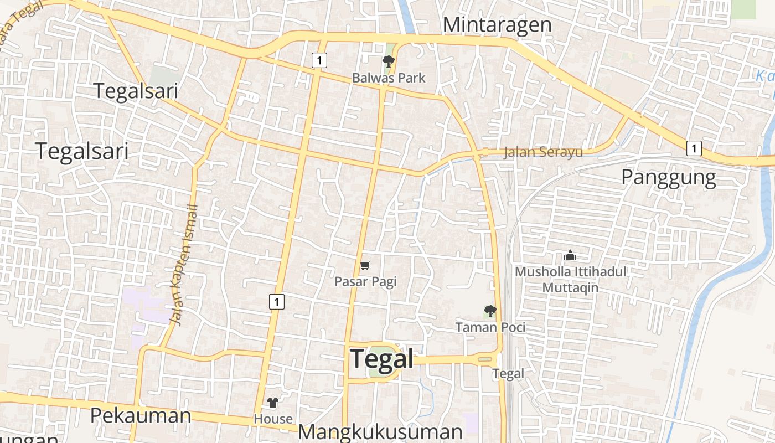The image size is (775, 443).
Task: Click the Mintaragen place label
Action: (x=497, y=25)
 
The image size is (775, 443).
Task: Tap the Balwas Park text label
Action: (x=389, y=78)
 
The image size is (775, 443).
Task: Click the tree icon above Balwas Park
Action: (x=389, y=61)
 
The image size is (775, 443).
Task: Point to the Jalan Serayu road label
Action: (x=543, y=152)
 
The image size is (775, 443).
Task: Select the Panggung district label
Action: (x=668, y=177)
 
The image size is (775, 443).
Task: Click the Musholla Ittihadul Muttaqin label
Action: (x=570, y=280)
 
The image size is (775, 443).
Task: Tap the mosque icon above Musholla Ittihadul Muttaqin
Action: (x=570, y=256)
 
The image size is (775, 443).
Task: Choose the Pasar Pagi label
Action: (x=365, y=282)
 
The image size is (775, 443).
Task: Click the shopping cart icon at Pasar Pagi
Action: (x=365, y=266)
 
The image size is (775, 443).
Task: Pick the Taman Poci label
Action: (x=490, y=327)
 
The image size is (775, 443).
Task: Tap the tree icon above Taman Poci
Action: (x=490, y=311)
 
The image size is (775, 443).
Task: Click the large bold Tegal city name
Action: (x=382, y=359)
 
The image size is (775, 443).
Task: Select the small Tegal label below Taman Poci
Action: (x=508, y=374)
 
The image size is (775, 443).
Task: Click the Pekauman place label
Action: (x=141, y=415)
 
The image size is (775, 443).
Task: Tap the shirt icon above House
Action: (x=273, y=403)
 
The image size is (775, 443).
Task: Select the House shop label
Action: (x=273, y=419)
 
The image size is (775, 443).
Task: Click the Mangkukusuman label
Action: (x=380, y=432)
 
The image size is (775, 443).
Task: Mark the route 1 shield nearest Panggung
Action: (x=694, y=148)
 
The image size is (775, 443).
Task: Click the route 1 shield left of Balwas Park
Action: (x=319, y=60)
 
